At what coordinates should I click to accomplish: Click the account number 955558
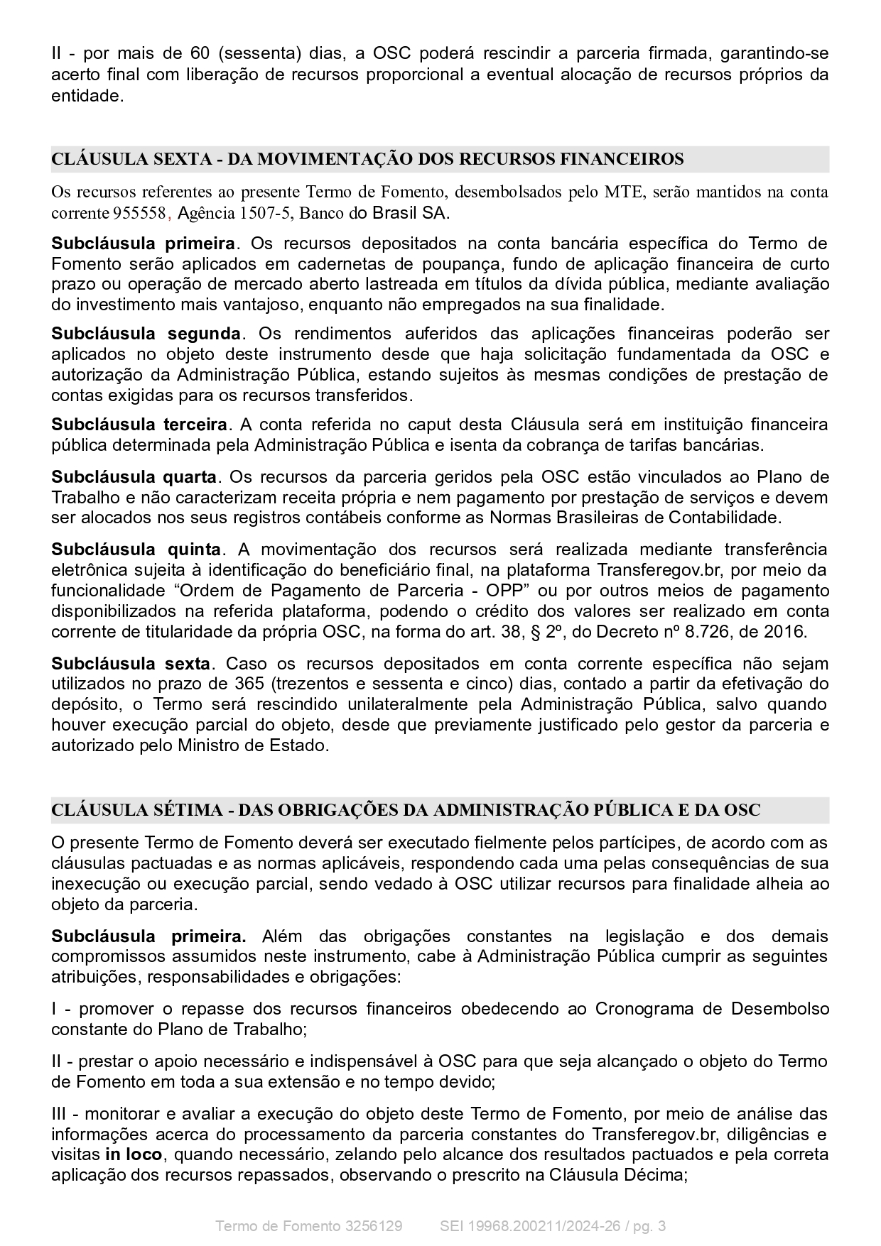coord(139,213)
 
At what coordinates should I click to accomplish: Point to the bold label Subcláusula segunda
coord(146,334)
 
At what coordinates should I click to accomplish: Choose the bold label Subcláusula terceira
coord(139,425)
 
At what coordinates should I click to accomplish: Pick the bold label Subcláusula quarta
coord(134,476)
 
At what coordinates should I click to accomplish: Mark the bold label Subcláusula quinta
coord(136,550)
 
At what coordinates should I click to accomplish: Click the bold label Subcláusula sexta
coord(131,664)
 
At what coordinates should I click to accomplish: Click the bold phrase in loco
coord(134,1154)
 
